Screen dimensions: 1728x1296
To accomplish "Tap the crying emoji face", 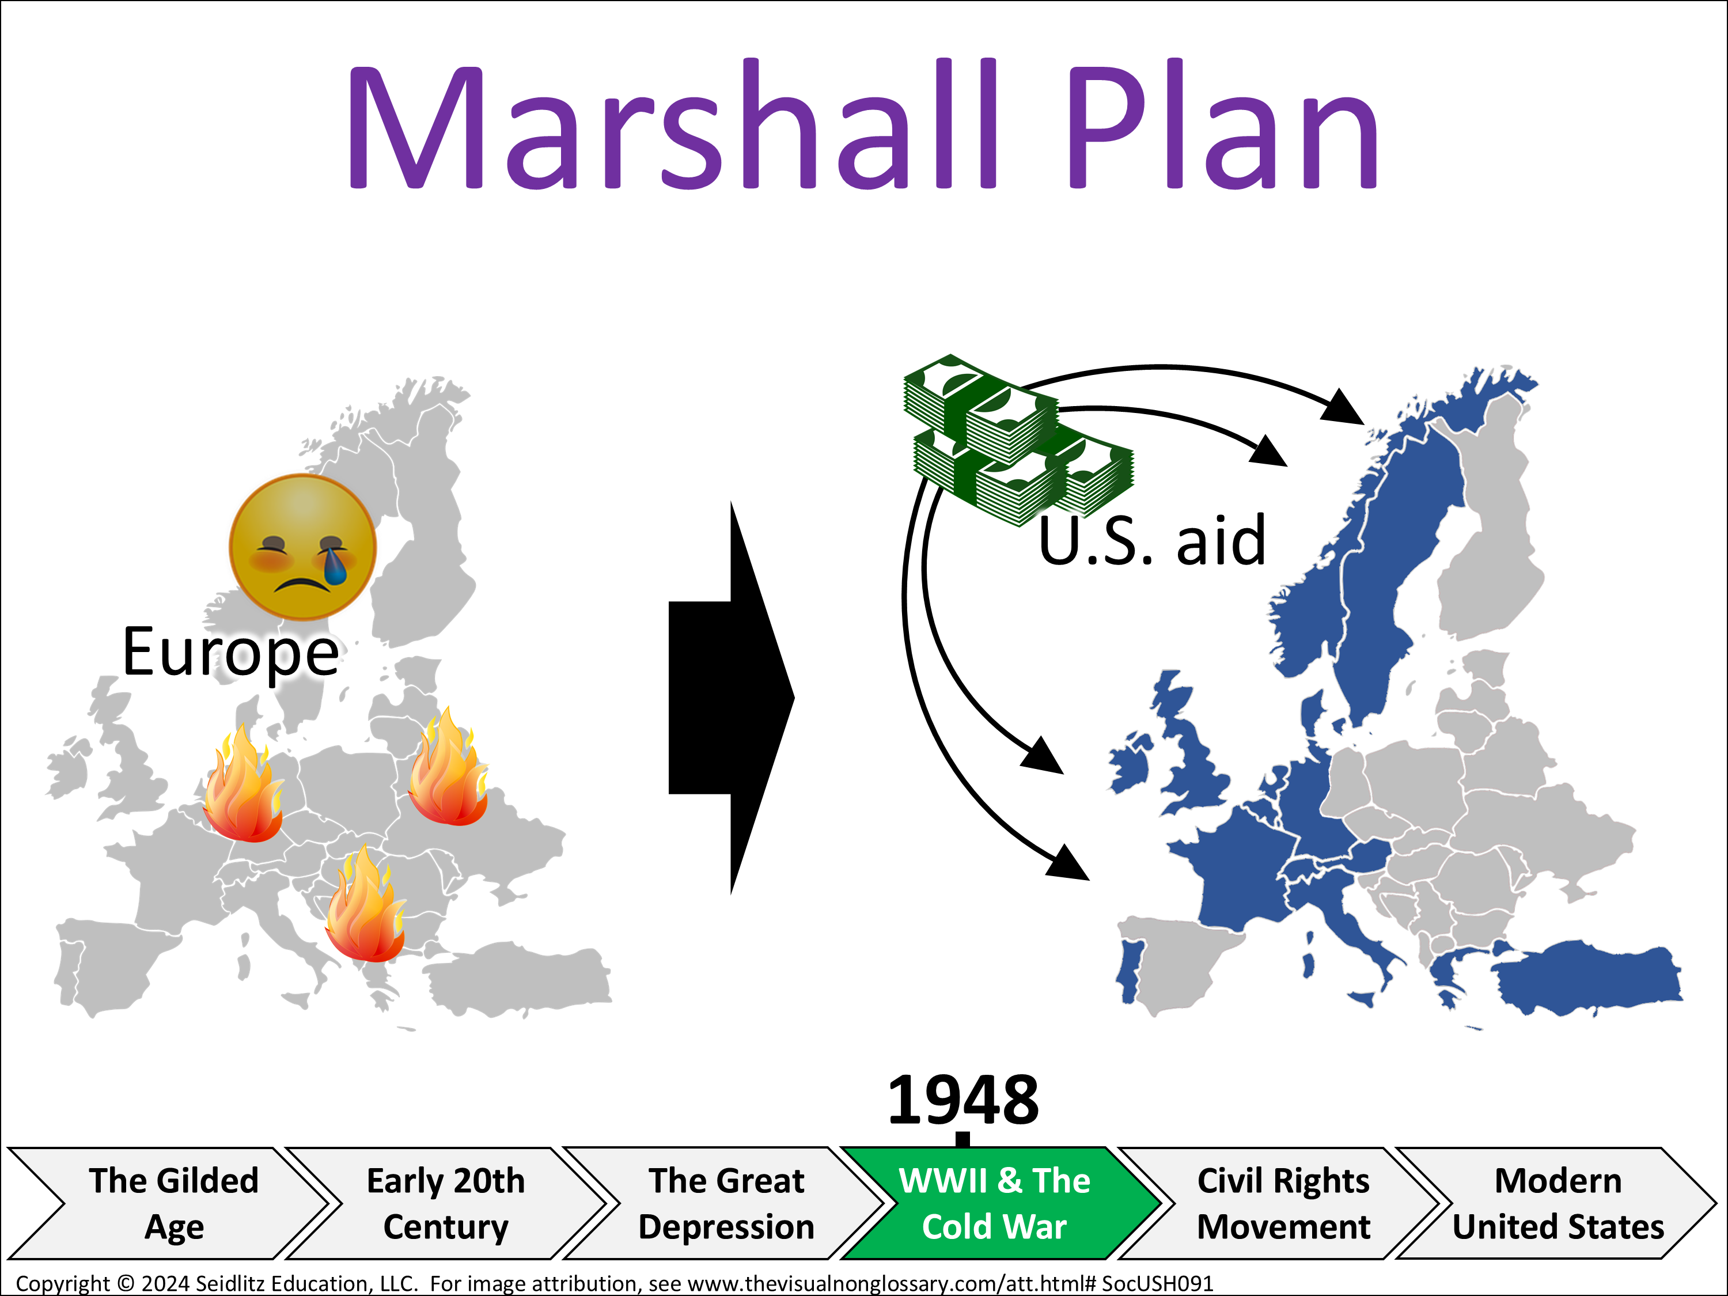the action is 302,547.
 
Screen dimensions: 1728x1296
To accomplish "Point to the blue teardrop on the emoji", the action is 335,566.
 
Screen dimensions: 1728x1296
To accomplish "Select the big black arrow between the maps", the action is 731,698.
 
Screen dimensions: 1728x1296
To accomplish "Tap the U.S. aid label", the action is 1152,541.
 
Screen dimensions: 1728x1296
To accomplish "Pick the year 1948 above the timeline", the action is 963,1100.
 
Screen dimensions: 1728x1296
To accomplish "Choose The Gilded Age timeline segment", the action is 173,1203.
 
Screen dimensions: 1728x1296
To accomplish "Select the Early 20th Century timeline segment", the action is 446,1203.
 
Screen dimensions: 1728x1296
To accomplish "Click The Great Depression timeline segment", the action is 726,1203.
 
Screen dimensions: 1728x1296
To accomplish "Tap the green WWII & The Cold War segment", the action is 994,1203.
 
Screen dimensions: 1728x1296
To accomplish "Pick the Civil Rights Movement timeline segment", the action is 1283,1203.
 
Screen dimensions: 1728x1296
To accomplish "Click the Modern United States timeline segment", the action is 1559,1203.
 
